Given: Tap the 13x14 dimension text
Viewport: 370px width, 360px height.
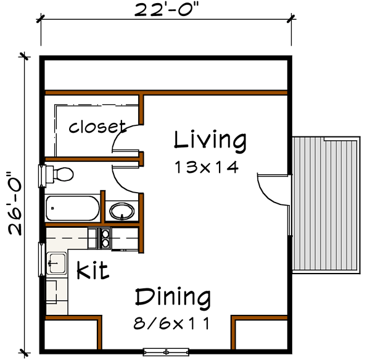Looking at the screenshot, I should pyautogui.click(x=206, y=167).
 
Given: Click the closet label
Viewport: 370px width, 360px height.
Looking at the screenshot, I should pyautogui.click(x=97, y=127).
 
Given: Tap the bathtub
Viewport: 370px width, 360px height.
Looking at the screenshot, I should pyautogui.click(x=72, y=208).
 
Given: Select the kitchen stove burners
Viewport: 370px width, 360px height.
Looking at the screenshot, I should pyautogui.click(x=103, y=238).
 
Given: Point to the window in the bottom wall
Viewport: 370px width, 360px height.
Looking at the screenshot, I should pyautogui.click(x=166, y=351).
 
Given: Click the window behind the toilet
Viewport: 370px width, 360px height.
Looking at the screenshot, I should pyautogui.click(x=43, y=175).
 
